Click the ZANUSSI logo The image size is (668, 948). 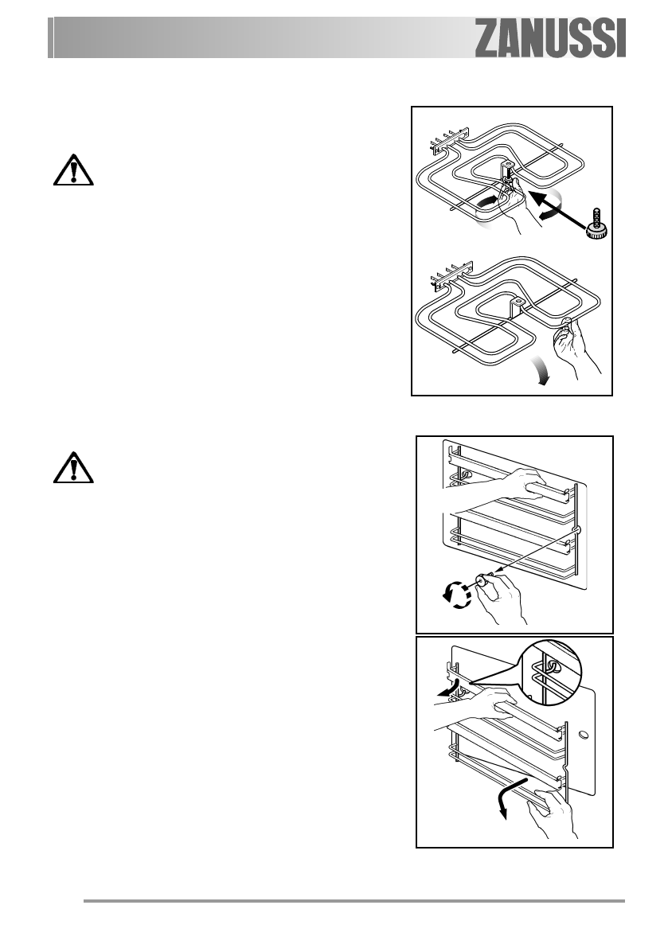point(551,39)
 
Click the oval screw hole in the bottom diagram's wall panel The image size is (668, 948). point(583,731)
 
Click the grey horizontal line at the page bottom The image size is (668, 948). point(354,902)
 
